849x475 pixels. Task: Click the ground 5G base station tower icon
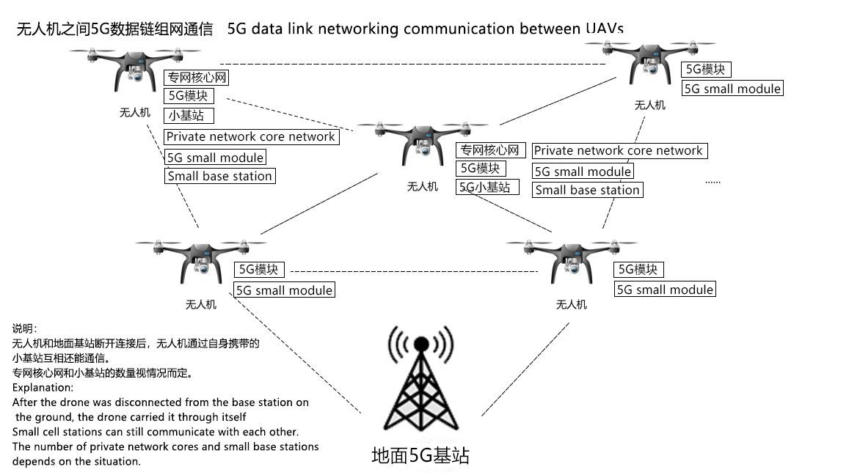tap(420, 384)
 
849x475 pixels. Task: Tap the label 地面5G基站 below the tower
tap(420, 455)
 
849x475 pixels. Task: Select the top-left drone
tap(135, 70)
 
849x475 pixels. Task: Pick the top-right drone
tap(649, 62)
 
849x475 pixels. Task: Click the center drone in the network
tap(422, 144)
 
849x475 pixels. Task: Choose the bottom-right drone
tap(572, 260)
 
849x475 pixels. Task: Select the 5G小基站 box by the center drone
tap(484, 187)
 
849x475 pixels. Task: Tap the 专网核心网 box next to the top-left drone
tap(196, 78)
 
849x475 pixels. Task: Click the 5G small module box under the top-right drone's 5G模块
tap(732, 88)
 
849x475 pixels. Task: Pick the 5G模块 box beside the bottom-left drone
tap(258, 269)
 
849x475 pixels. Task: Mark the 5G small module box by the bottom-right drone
tap(664, 289)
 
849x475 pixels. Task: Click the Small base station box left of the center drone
tap(219, 176)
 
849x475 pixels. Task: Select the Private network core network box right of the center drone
tap(618, 150)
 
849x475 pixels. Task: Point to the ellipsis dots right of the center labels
tap(713, 181)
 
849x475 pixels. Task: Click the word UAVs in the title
tap(603, 29)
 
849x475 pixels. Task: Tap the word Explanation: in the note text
tap(43, 387)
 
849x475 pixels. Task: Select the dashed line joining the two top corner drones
tap(411, 64)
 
